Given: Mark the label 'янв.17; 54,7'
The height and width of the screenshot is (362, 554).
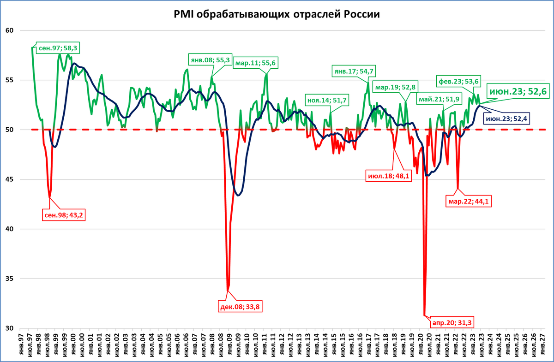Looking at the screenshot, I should pyautogui.click(x=354, y=71).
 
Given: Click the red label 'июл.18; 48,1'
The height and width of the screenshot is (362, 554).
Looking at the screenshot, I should pyautogui.click(x=388, y=176).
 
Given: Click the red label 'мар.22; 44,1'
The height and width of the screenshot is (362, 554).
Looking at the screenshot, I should pyautogui.click(x=467, y=201).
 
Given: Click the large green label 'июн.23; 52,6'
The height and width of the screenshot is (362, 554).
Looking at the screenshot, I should pyautogui.click(x=518, y=92).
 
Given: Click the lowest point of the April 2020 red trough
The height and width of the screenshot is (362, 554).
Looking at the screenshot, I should pyautogui.click(x=424, y=315).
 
